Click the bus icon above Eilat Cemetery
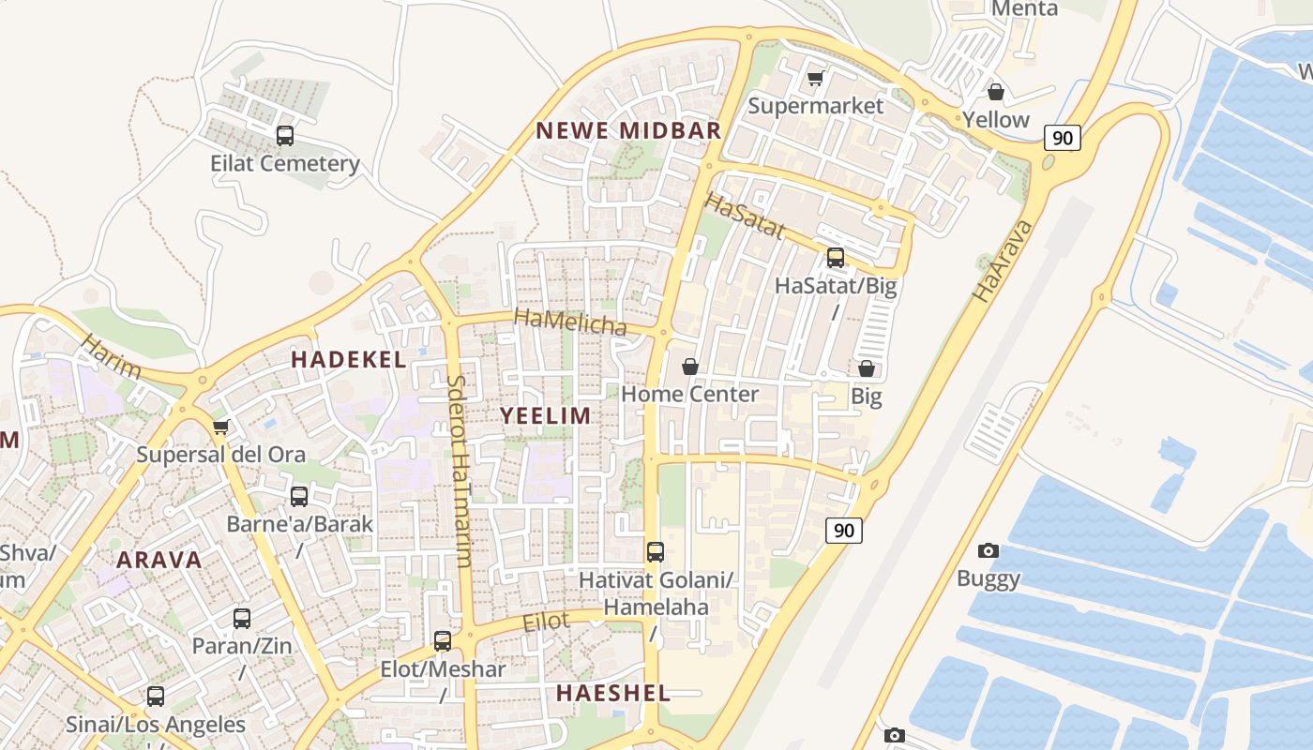tap(285, 136)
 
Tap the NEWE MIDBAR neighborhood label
tap(628, 130)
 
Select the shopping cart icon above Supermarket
tap(815, 78)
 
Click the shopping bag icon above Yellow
tap(995, 92)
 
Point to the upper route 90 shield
tap(1062, 138)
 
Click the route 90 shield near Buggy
tap(844, 531)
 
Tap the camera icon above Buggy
tap(988, 550)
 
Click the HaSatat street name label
tap(744, 216)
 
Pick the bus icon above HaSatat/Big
tap(835, 257)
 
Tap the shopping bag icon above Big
tap(867, 368)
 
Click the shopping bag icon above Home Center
tap(689, 366)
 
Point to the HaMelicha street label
tap(570, 322)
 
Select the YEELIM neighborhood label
tap(545, 415)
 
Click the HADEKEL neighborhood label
tap(348, 359)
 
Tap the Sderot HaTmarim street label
tap(459, 472)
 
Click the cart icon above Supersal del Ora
tap(220, 427)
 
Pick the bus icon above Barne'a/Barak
tap(299, 496)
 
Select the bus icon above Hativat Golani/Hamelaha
tap(656, 552)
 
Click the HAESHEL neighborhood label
tap(613, 693)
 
